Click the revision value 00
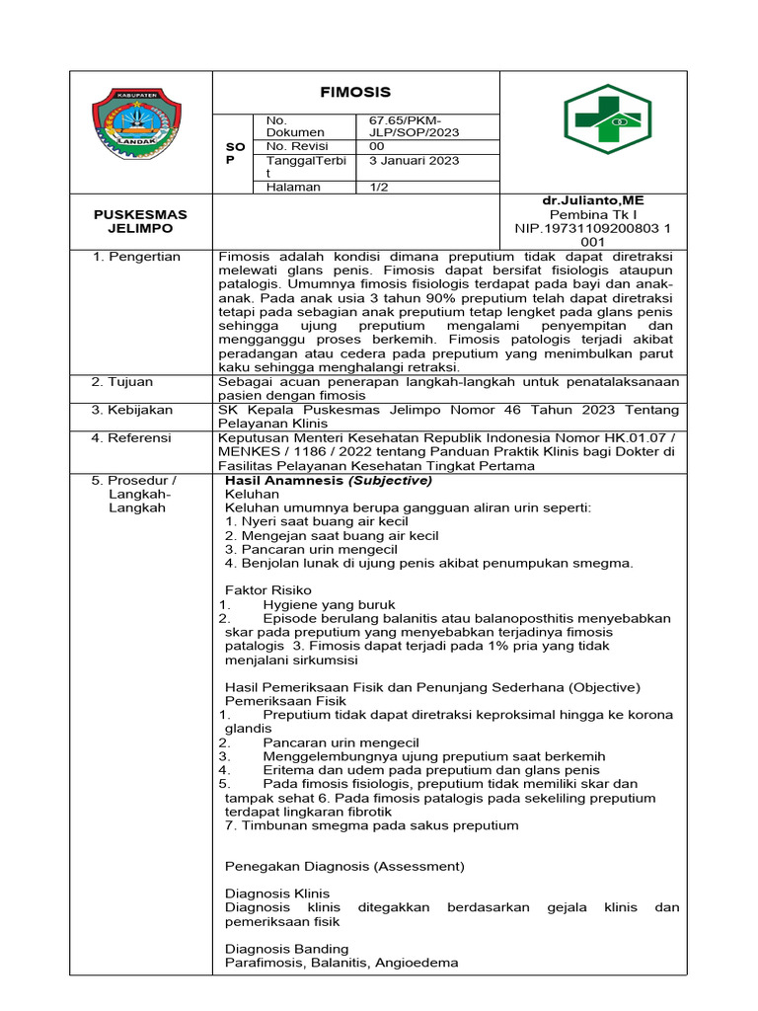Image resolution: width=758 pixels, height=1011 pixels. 377,146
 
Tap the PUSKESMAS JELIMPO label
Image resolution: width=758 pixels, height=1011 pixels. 140,221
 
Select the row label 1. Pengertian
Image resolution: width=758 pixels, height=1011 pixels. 136,257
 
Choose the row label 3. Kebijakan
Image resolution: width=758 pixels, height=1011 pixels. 132,409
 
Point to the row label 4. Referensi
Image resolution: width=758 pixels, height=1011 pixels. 131,436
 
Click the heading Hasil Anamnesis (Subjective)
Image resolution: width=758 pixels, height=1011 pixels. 329,480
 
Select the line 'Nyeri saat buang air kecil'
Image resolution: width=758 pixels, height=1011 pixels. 318,521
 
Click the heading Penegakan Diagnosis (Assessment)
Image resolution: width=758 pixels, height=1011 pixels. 343,866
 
